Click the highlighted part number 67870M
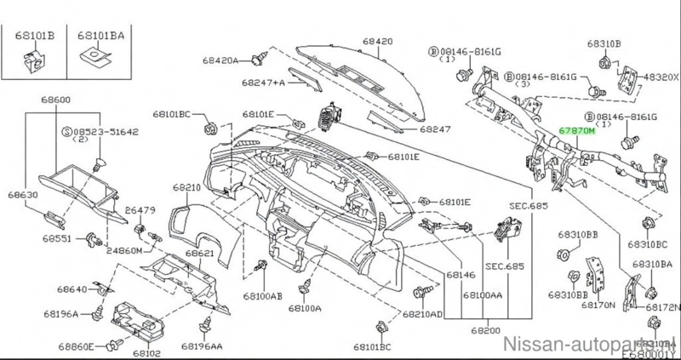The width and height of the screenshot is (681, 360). click(579, 133)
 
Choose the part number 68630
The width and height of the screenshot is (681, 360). click(26, 194)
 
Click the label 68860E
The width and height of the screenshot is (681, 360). click(77, 346)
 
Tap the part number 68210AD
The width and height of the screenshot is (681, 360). click(423, 314)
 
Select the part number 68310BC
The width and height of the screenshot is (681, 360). click(650, 243)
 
